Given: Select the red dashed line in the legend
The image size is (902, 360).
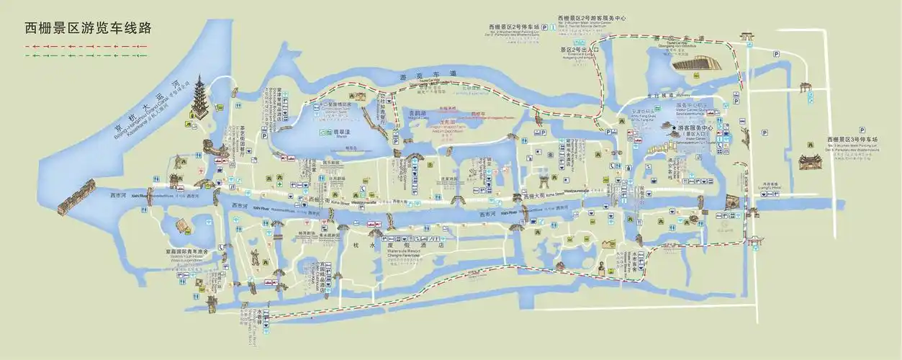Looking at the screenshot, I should [86, 45].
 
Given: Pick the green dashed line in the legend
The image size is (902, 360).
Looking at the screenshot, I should [86, 54].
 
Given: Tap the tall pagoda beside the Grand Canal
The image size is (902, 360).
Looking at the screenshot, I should [199, 103].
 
